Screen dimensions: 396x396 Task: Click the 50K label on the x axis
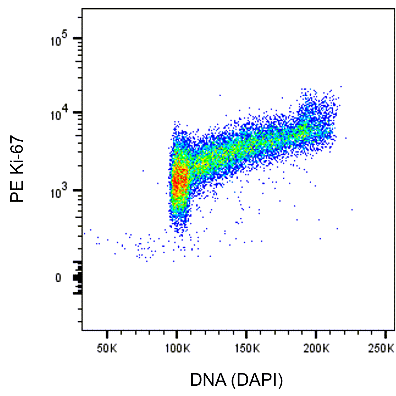(x=107, y=349)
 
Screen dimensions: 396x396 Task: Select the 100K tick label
(x=176, y=349)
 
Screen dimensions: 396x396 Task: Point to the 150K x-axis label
(x=246, y=349)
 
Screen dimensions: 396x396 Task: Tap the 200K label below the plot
(x=316, y=349)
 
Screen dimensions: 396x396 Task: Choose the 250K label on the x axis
(x=385, y=349)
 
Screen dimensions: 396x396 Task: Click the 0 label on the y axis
(x=58, y=278)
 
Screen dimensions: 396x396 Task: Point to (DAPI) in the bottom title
(x=257, y=380)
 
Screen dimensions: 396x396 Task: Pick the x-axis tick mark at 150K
(x=246, y=333)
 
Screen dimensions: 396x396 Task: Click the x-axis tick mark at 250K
(x=386, y=333)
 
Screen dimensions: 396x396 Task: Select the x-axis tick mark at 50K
(x=107, y=333)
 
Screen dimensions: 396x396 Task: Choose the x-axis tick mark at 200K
(x=316, y=333)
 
